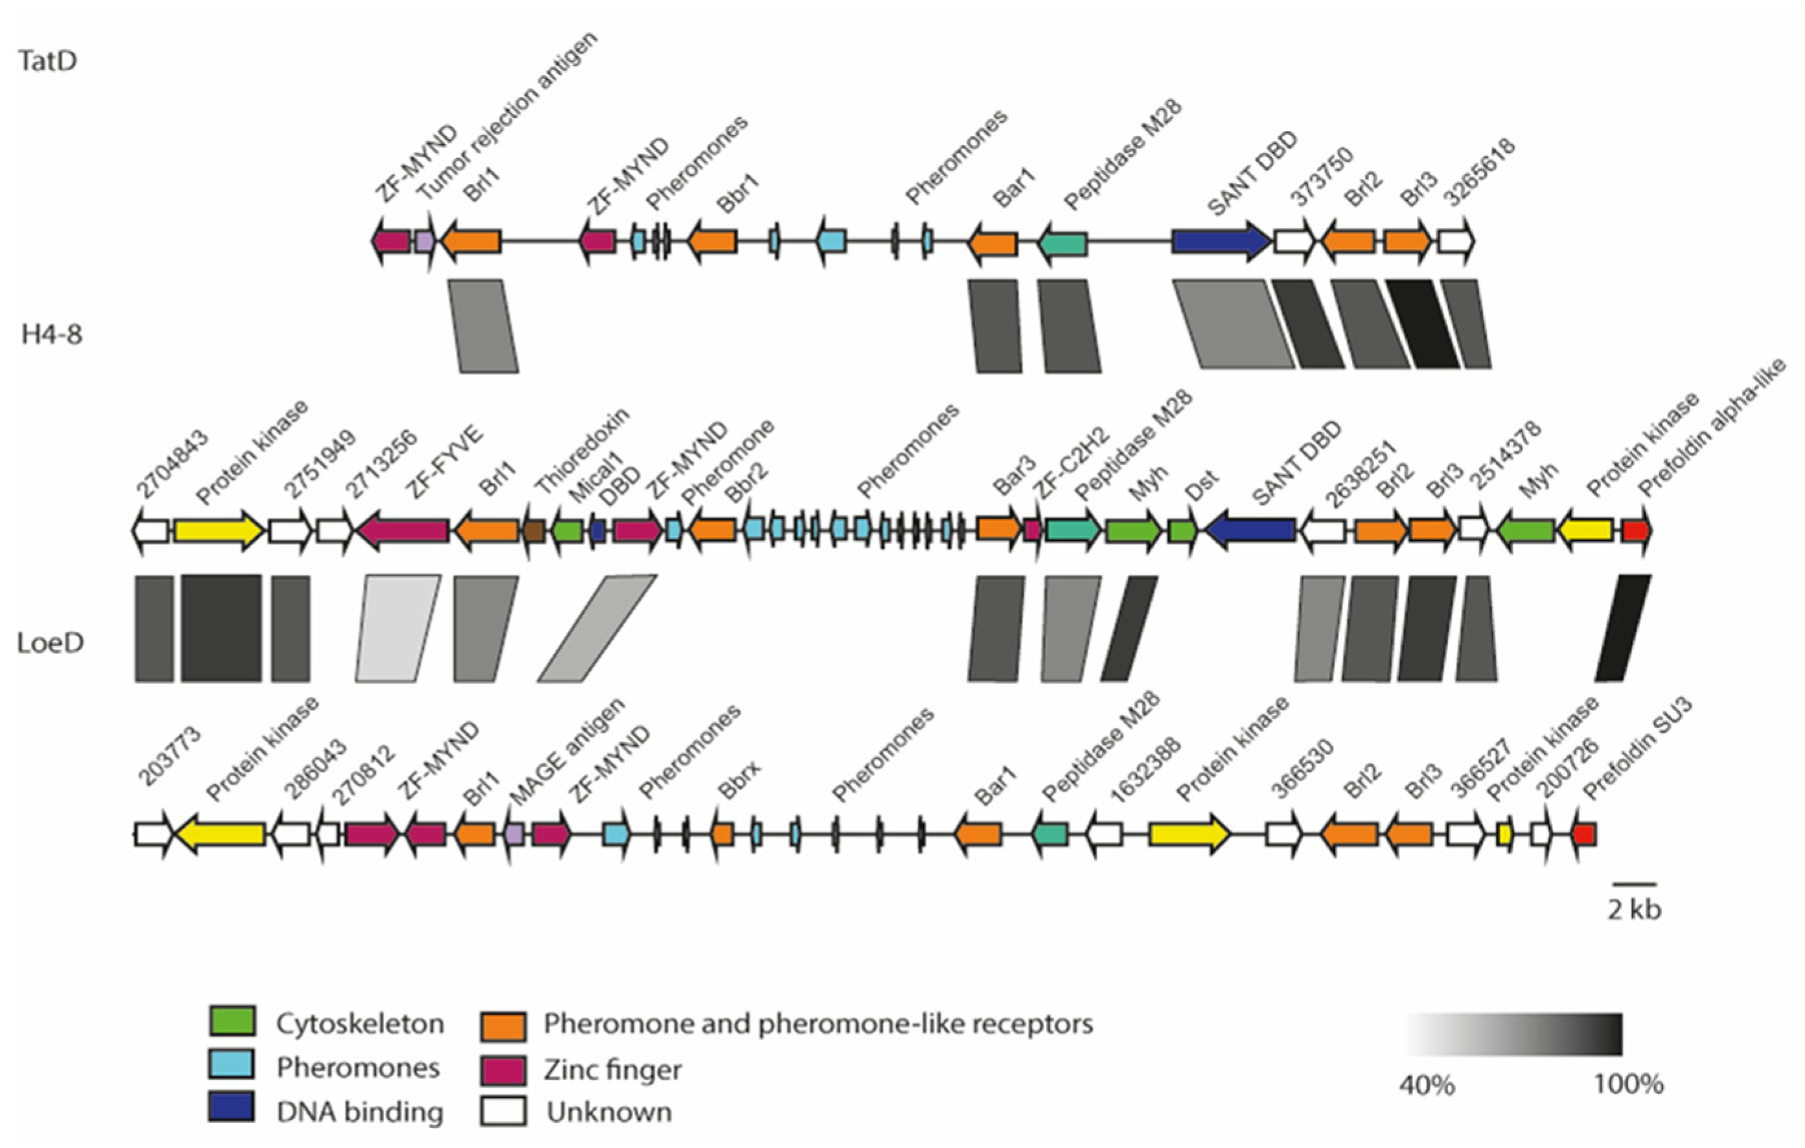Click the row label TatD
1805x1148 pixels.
(47, 61)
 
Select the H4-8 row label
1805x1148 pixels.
(52, 334)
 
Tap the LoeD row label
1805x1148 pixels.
(51, 642)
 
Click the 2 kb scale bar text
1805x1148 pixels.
(1634, 909)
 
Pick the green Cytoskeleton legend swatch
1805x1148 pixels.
(233, 1022)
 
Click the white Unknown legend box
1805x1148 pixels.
(503, 1110)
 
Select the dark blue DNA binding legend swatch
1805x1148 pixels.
(232, 1107)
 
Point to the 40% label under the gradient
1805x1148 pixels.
(1427, 1085)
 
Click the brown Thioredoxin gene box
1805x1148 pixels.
(535, 531)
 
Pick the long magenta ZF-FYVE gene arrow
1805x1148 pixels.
(404, 531)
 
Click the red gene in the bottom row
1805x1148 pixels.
(1583, 834)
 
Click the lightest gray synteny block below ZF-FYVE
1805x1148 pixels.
(397, 628)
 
